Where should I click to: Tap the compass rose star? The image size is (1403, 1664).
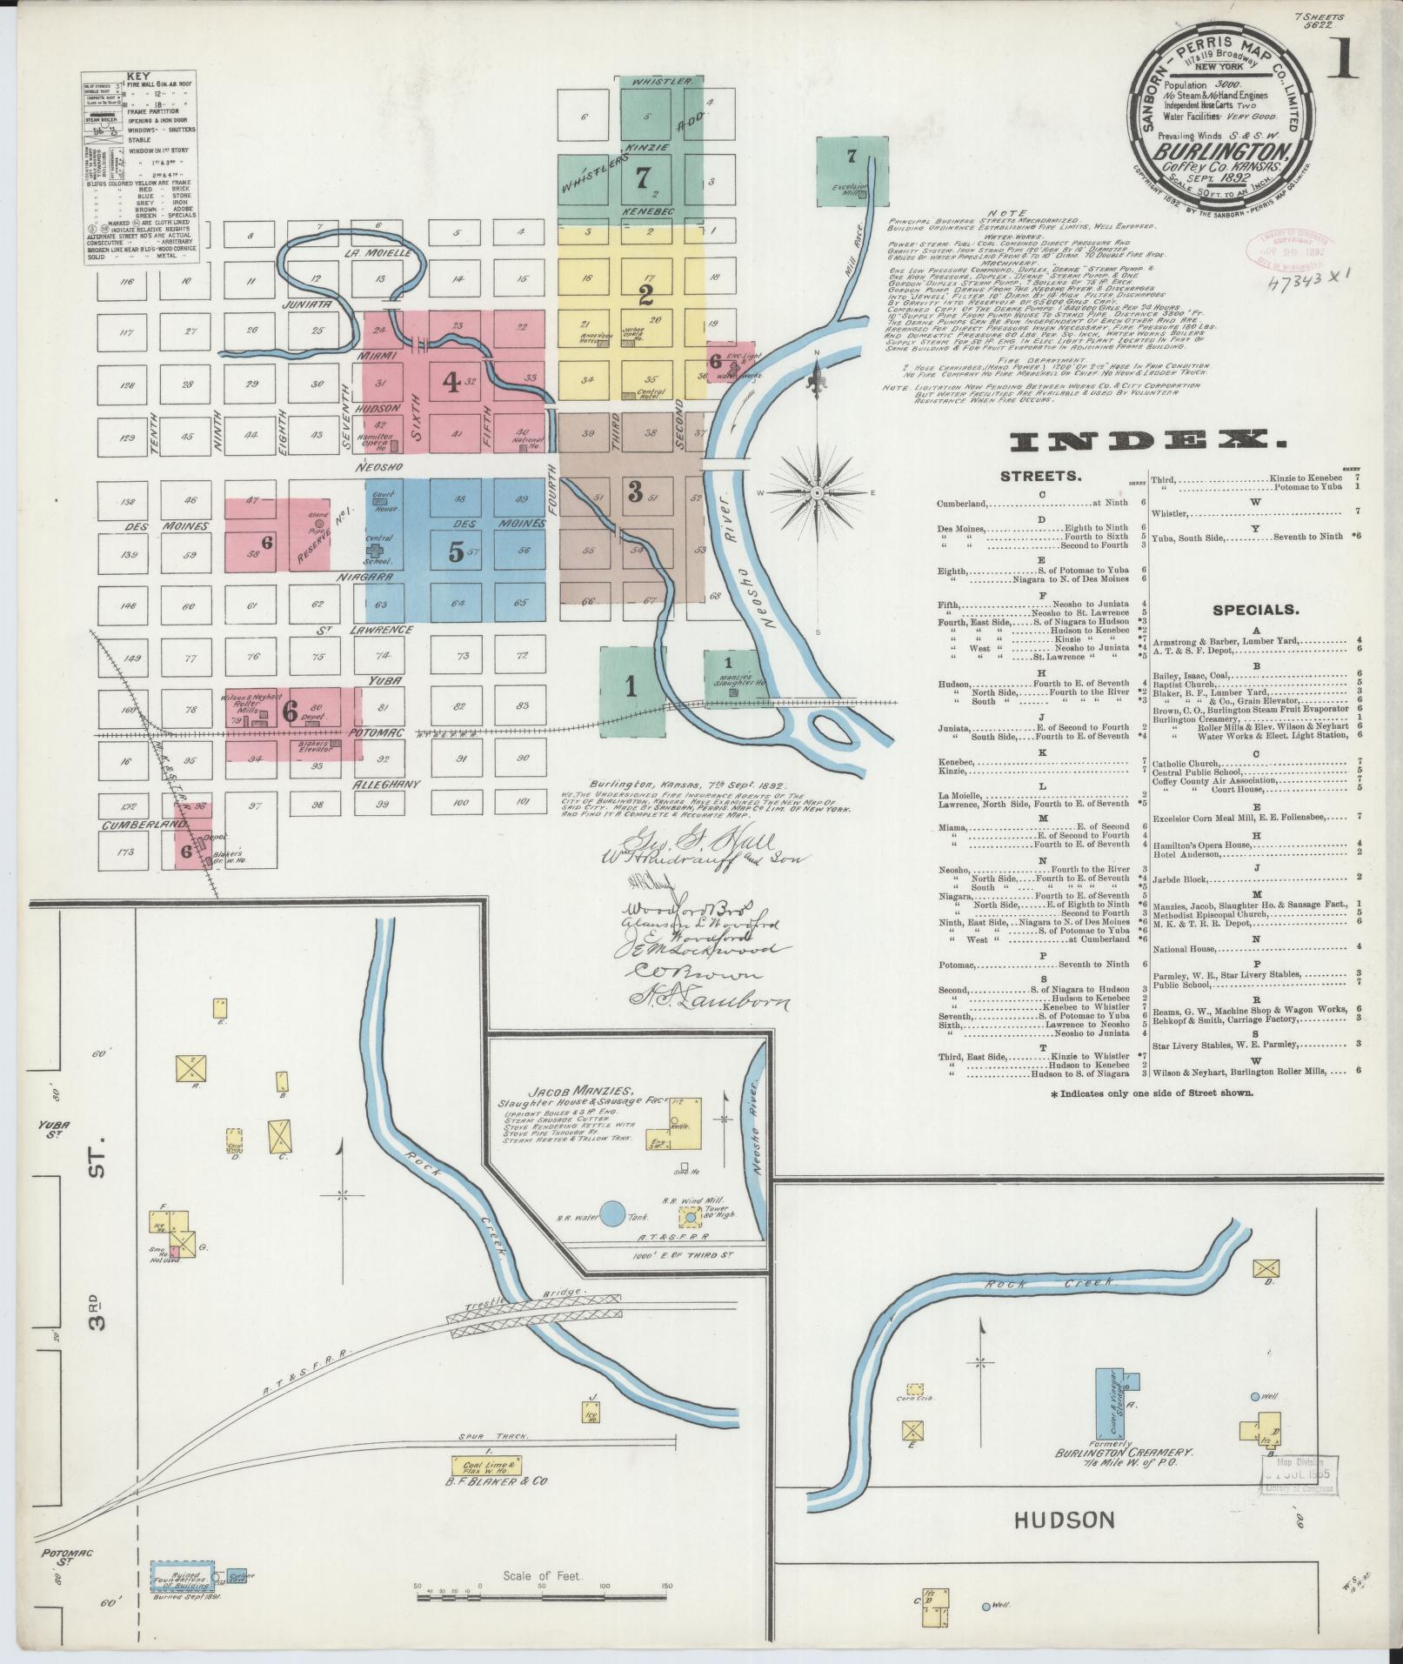pyautogui.click(x=818, y=493)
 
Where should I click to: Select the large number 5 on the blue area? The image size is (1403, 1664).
pyautogui.click(x=456, y=552)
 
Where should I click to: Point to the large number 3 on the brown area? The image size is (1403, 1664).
pyautogui.click(x=635, y=491)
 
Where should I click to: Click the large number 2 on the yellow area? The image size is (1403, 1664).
pyautogui.click(x=645, y=295)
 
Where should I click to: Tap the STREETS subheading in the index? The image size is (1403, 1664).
pyautogui.click(x=1040, y=477)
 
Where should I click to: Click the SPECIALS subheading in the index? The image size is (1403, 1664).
pyautogui.click(x=1254, y=611)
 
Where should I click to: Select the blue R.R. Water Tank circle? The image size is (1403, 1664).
pyautogui.click(x=614, y=1215)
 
